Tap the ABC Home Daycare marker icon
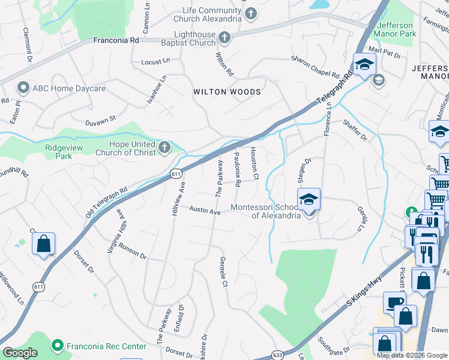pos(23,88)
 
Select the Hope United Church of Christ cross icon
pos(165,148)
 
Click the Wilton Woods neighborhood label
pos(227,92)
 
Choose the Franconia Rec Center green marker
pos(58,346)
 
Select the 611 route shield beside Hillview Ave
pos(175,174)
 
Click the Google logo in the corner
pos(20,353)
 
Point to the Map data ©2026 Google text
pos(412,355)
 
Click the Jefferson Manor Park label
pos(395,29)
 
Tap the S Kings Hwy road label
pos(364,298)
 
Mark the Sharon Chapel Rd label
pos(315,66)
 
